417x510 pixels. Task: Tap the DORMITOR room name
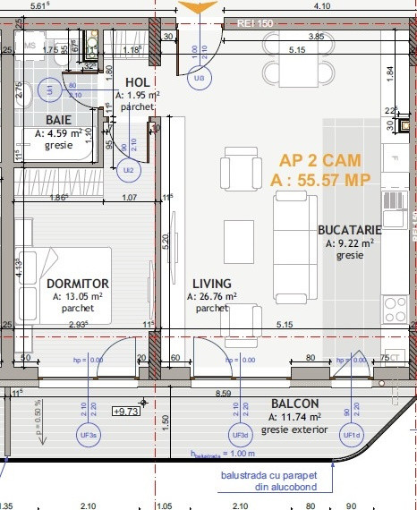click(x=77, y=284)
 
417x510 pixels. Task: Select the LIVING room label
click(x=211, y=284)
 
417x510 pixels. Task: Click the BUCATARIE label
click(x=349, y=230)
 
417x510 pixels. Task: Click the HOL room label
click(x=137, y=82)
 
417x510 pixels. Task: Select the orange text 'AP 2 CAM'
click(x=320, y=161)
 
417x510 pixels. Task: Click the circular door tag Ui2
click(x=128, y=168)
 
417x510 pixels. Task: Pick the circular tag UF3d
click(x=240, y=435)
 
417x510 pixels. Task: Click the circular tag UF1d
click(x=352, y=435)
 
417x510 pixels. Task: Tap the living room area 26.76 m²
click(x=211, y=296)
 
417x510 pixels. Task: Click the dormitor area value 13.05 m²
click(x=77, y=296)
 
